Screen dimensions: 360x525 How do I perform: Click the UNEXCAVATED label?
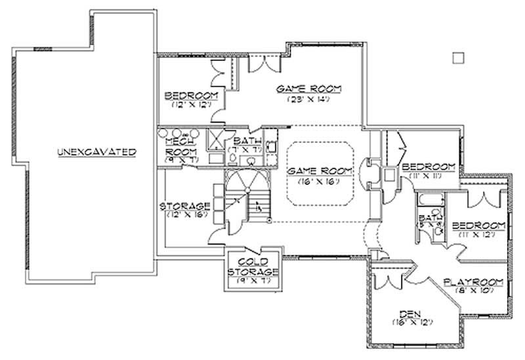point(96,151)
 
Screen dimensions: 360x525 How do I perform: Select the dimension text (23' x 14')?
point(308,100)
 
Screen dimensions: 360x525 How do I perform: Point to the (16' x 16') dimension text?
point(316,180)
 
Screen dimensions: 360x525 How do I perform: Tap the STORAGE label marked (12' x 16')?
point(185,206)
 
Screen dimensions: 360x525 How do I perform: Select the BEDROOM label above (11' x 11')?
point(429,165)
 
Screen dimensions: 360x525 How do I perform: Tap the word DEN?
point(410,313)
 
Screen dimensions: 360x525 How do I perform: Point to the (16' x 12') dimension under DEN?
point(410,322)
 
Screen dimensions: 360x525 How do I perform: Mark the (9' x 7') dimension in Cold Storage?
point(253,281)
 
